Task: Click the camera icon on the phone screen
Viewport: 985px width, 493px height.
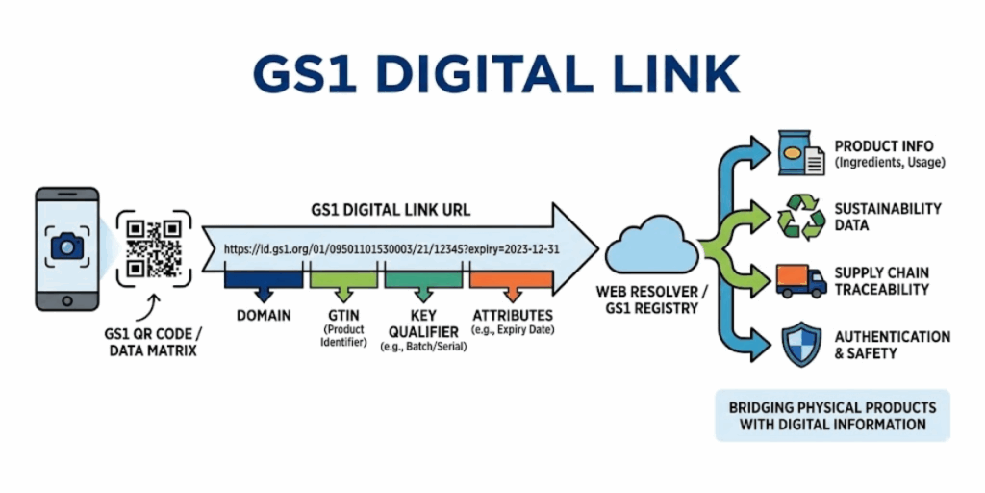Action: pos(66,246)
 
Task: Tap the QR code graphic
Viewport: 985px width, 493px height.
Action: pos(154,247)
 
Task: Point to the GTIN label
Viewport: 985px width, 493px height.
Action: pos(345,315)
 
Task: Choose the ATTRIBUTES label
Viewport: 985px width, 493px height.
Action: pos(513,315)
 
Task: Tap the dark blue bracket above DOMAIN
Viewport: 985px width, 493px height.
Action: pos(263,281)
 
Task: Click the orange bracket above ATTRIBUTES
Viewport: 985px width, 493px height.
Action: pos(511,281)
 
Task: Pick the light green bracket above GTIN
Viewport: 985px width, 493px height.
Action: pos(345,281)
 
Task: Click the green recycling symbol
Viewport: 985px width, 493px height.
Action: pos(800,218)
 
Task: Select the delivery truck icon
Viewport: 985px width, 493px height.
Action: pos(800,280)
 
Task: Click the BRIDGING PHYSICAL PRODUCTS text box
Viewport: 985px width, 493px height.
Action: pos(832,415)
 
